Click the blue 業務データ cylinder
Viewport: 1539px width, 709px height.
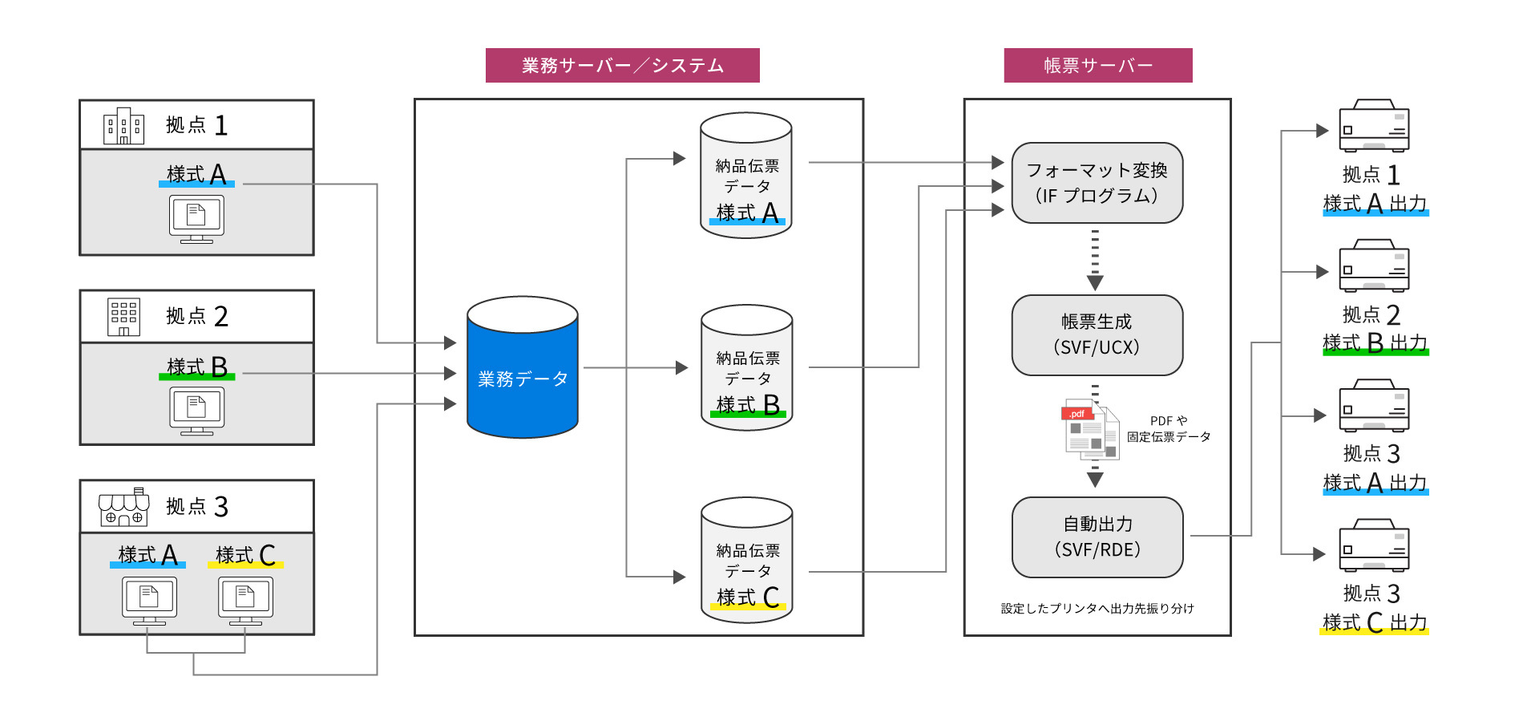[522, 368]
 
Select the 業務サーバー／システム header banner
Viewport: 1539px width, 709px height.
[622, 65]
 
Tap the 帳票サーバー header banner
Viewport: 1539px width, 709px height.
[1097, 65]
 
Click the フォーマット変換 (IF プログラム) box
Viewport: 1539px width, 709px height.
[1097, 183]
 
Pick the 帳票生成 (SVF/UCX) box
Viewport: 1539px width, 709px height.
[1097, 335]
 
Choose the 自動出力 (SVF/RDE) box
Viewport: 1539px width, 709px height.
[1097, 537]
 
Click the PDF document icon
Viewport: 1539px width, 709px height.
[1090, 429]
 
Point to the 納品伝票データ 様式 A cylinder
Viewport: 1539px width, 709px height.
[745, 176]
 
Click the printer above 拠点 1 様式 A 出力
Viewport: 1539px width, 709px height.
[1374, 127]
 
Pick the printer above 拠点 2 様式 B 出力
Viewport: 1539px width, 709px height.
[1374, 266]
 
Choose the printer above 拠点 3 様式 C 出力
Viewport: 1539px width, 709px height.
[1374, 545]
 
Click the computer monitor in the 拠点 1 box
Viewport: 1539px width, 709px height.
[196, 217]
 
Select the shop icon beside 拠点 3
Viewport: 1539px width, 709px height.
[123, 507]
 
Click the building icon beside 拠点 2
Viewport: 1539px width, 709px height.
[123, 317]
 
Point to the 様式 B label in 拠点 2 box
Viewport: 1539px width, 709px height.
[197, 367]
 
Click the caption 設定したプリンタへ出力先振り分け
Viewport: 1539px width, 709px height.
[1097, 609]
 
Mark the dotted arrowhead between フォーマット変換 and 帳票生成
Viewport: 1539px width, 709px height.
[1095, 282]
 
